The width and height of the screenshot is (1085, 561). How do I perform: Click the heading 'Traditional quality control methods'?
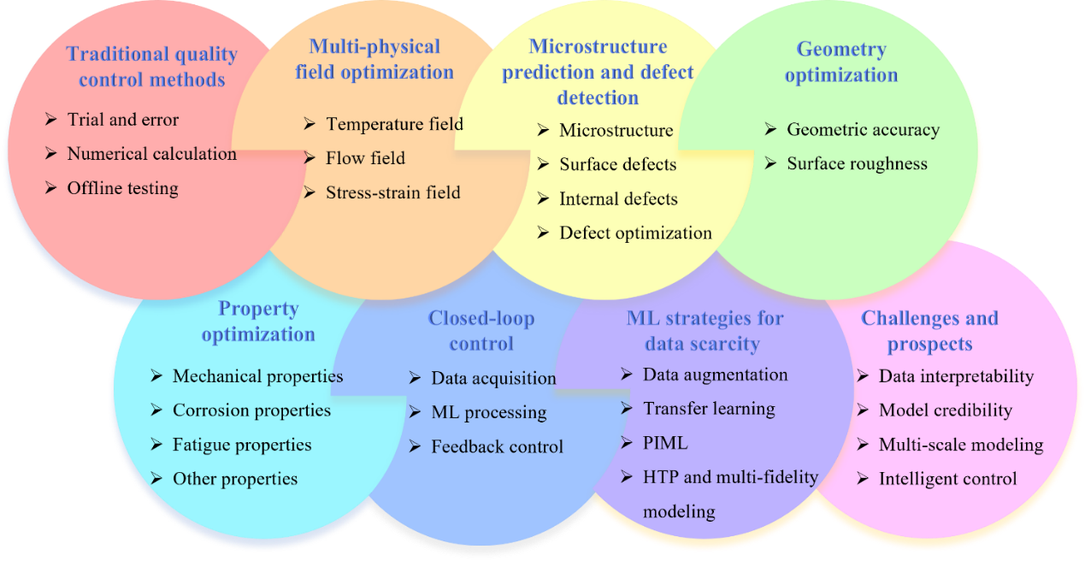151,68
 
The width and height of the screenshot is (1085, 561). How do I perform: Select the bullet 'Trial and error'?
123,120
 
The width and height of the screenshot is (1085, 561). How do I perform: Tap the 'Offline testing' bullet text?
123,188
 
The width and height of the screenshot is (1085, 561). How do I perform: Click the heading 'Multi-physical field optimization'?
374,59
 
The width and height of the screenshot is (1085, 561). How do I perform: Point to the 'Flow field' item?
365,158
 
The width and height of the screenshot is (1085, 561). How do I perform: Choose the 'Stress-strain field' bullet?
392,192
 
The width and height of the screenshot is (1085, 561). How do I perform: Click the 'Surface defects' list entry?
617,164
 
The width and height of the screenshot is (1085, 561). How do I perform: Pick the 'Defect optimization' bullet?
635,233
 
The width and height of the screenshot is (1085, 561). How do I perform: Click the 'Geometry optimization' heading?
841,62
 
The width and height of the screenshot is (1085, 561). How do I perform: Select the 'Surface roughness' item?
857,163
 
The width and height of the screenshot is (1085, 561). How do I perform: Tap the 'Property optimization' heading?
258,321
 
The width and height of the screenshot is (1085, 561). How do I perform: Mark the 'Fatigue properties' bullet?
242,445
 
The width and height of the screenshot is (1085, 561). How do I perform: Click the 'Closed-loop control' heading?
481,331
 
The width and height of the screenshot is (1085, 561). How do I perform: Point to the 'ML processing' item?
488,412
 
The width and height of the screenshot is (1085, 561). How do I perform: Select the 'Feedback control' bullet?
497,446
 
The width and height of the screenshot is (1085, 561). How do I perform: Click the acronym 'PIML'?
665,443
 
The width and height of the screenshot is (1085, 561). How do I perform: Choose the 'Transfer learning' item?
709,409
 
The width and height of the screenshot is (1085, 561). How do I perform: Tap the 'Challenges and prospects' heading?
929,331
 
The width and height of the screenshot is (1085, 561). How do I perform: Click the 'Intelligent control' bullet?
947,479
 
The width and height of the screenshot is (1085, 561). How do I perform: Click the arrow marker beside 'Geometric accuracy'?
770,130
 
